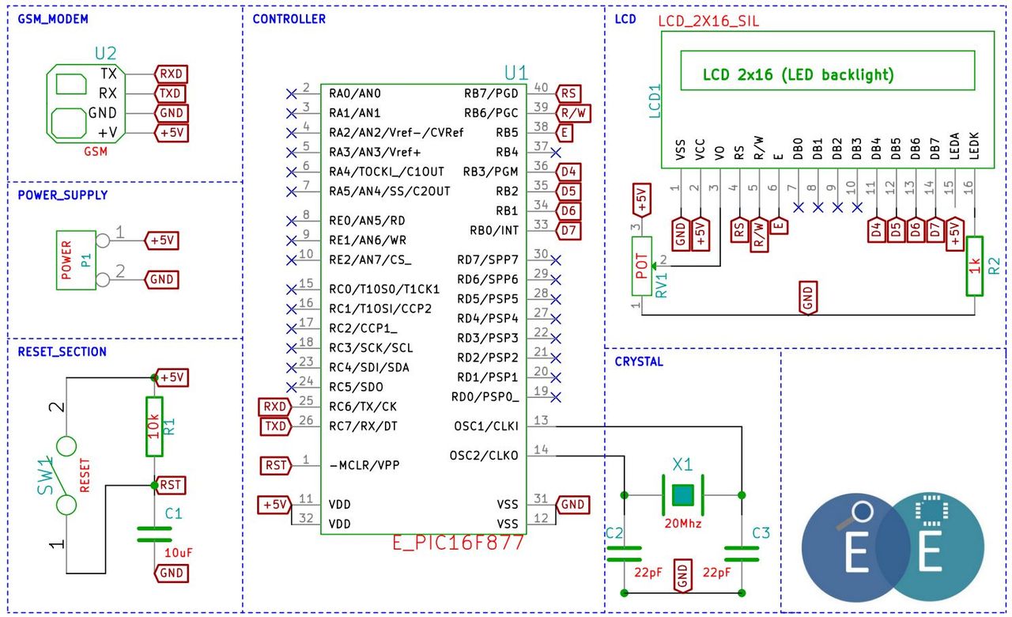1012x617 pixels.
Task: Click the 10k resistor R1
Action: (x=154, y=426)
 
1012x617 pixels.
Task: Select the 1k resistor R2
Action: (x=975, y=266)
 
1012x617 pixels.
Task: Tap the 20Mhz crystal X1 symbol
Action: (x=682, y=495)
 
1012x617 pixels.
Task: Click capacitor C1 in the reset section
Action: (x=154, y=534)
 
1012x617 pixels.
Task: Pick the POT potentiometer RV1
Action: (x=641, y=266)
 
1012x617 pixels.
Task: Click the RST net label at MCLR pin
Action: (x=275, y=466)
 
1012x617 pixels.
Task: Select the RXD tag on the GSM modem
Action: (x=171, y=74)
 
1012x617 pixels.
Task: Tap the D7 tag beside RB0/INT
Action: (x=568, y=230)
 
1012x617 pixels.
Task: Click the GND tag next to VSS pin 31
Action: (x=572, y=505)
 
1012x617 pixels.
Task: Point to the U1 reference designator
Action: (x=515, y=73)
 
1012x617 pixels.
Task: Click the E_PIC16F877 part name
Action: (x=458, y=543)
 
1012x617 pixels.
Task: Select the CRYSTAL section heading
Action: (x=639, y=361)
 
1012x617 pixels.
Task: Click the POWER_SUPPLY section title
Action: (x=62, y=195)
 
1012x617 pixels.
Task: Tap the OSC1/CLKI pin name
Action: (x=486, y=426)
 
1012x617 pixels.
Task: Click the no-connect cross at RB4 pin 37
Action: (x=556, y=153)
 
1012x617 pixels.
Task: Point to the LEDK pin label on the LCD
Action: (x=974, y=146)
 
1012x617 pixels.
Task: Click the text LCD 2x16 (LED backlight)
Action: (x=799, y=74)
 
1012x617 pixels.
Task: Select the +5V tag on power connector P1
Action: (x=161, y=240)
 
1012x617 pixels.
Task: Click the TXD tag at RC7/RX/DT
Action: (x=276, y=426)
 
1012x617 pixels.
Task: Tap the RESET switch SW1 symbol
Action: (x=66, y=475)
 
